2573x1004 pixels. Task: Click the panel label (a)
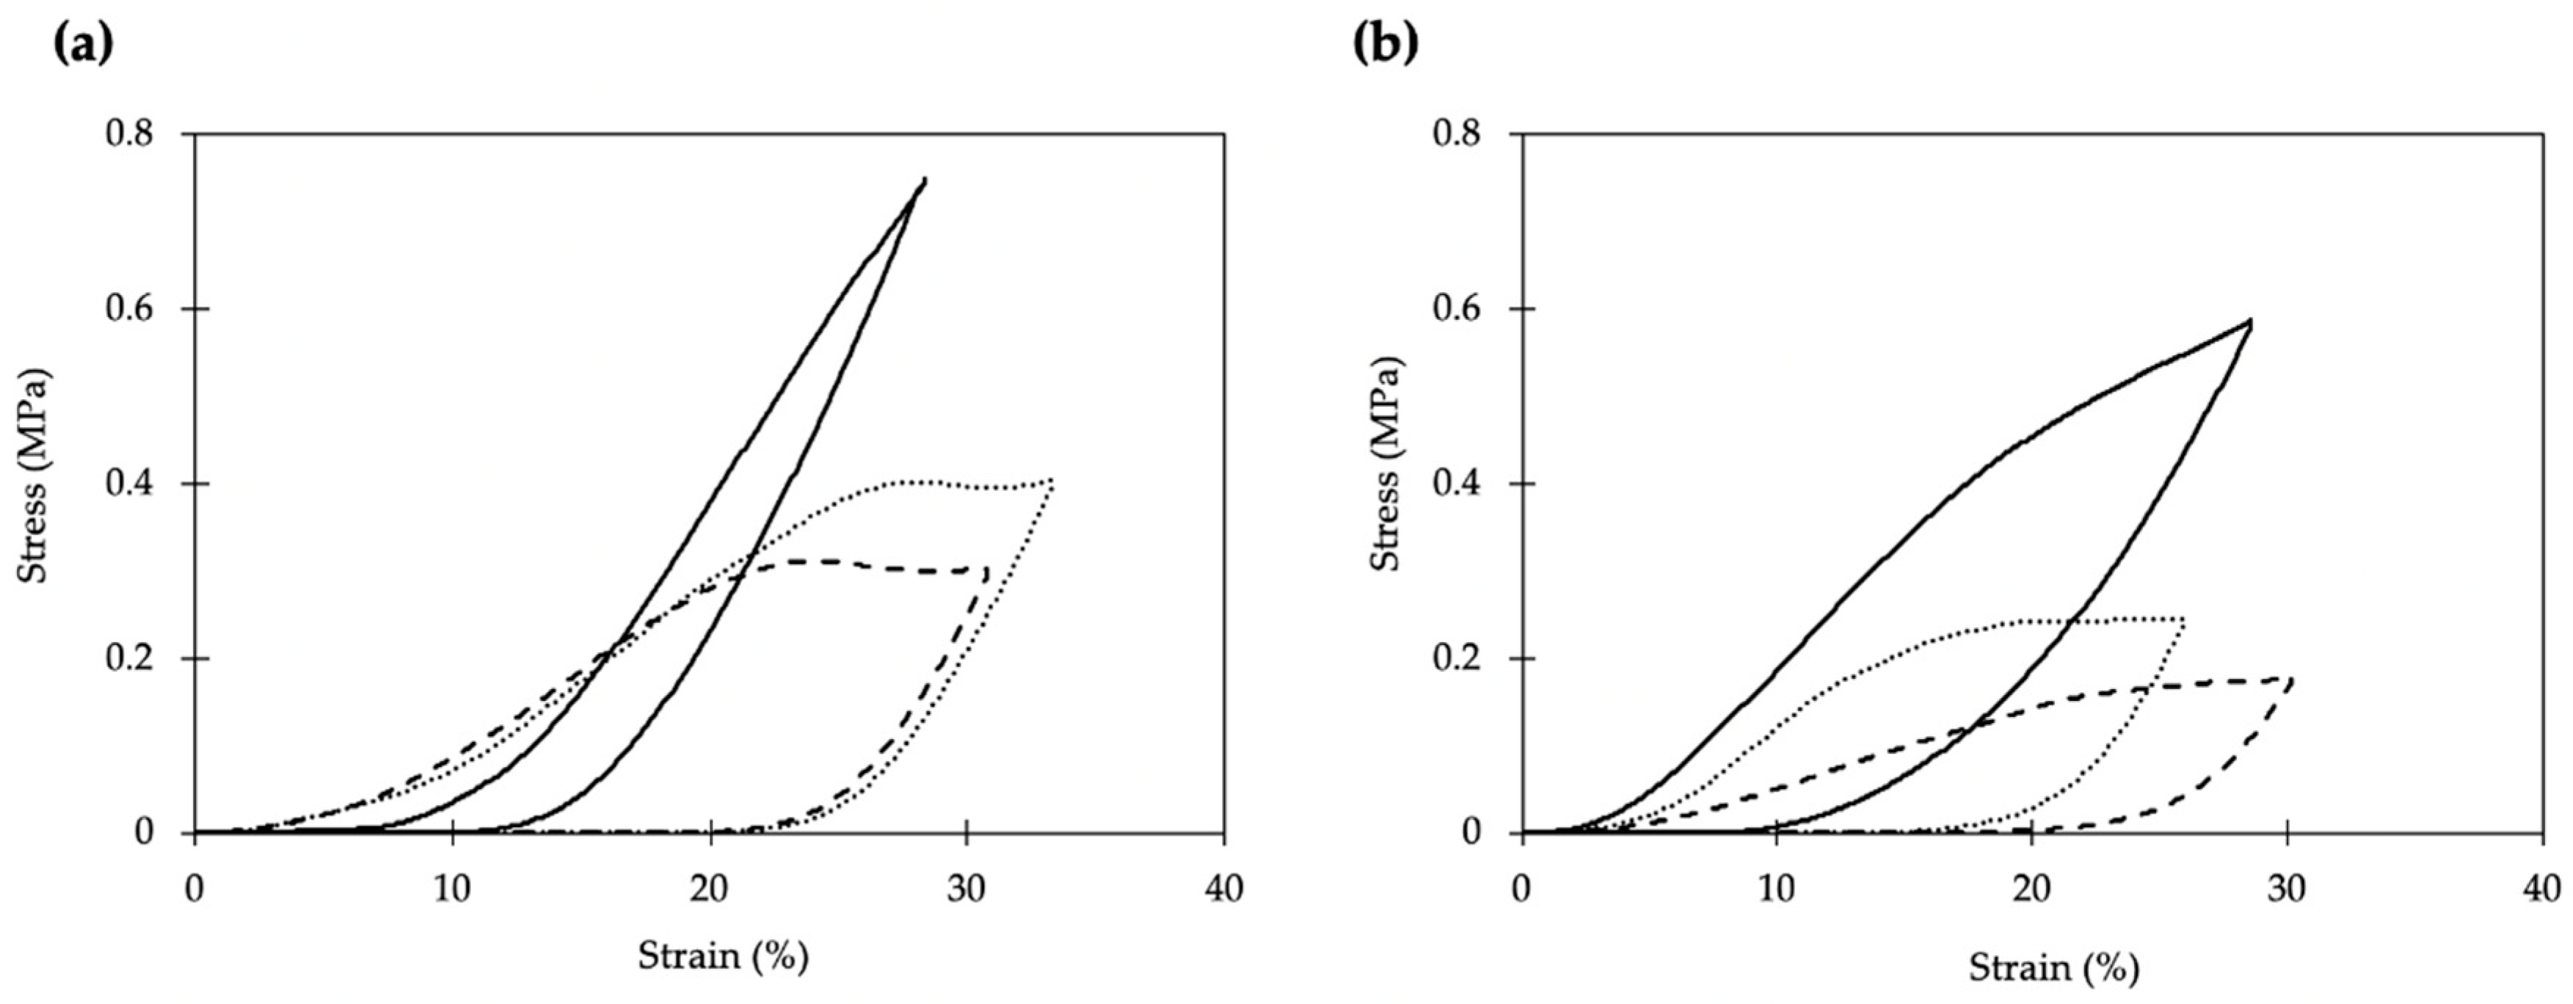tap(82, 45)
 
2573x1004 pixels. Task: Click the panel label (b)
tap(1386, 45)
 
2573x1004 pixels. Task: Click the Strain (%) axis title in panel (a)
tap(723, 956)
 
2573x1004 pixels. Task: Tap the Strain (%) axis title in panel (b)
tap(2053, 967)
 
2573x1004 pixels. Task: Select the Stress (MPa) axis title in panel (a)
tap(36, 476)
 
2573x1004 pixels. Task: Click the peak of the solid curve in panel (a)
tap(924, 180)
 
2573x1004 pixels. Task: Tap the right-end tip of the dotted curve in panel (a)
tap(1052, 481)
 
